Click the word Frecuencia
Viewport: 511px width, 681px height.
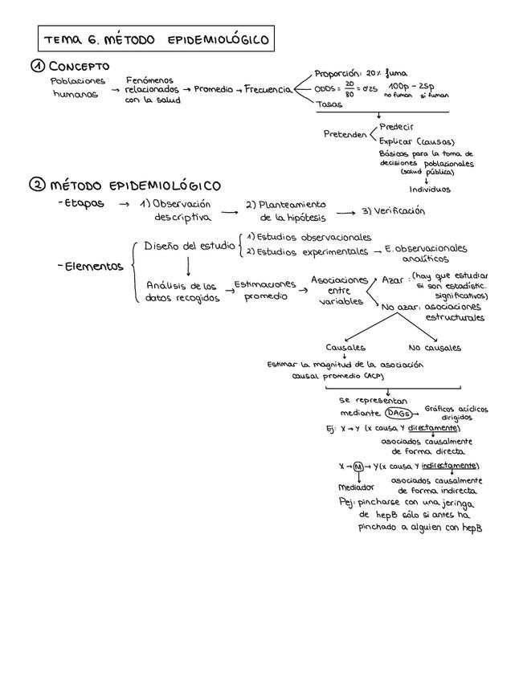click(268, 89)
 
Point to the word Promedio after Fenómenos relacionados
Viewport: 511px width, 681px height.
click(213, 89)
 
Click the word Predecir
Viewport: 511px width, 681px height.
click(397, 127)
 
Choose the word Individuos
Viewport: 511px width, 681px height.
click(430, 190)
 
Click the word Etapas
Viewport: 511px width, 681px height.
click(84, 204)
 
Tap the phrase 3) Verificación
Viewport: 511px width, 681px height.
click(394, 211)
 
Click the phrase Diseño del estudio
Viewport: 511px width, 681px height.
click(190, 246)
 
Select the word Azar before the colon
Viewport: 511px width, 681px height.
click(393, 280)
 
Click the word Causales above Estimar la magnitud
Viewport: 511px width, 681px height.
click(345, 348)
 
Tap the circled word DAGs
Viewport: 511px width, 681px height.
click(399, 413)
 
